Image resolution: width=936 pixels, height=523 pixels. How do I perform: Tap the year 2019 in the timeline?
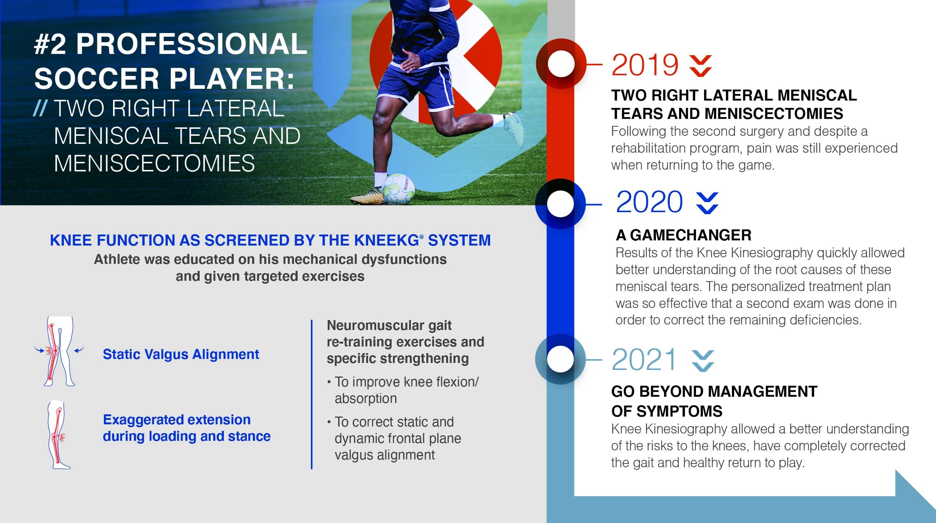(x=645, y=65)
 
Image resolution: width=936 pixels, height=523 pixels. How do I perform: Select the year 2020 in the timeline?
(x=649, y=202)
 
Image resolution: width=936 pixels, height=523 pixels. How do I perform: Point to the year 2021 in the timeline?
(x=644, y=360)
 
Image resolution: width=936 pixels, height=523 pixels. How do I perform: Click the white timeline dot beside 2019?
(x=561, y=64)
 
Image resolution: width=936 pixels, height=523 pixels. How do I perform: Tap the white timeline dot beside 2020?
(x=560, y=204)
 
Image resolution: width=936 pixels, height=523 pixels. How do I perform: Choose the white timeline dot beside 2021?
(x=560, y=359)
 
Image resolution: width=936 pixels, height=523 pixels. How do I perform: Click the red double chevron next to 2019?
(x=700, y=66)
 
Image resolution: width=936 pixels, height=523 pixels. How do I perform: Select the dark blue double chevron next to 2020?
(x=707, y=203)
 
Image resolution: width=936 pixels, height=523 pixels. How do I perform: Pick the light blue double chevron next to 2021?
(x=703, y=361)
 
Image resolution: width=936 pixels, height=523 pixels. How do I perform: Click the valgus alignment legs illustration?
(x=59, y=351)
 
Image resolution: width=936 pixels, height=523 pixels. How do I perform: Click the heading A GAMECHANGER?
(x=683, y=235)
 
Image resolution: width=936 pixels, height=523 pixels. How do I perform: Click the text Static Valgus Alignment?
(x=181, y=354)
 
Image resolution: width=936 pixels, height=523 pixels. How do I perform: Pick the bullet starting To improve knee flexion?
(x=403, y=390)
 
